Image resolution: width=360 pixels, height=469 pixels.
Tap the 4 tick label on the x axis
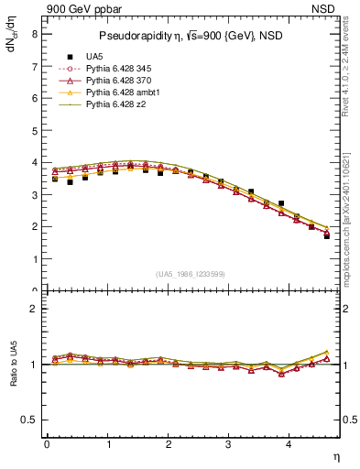(x=289, y=446)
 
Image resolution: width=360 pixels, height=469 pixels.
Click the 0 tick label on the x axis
(x=47, y=446)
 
